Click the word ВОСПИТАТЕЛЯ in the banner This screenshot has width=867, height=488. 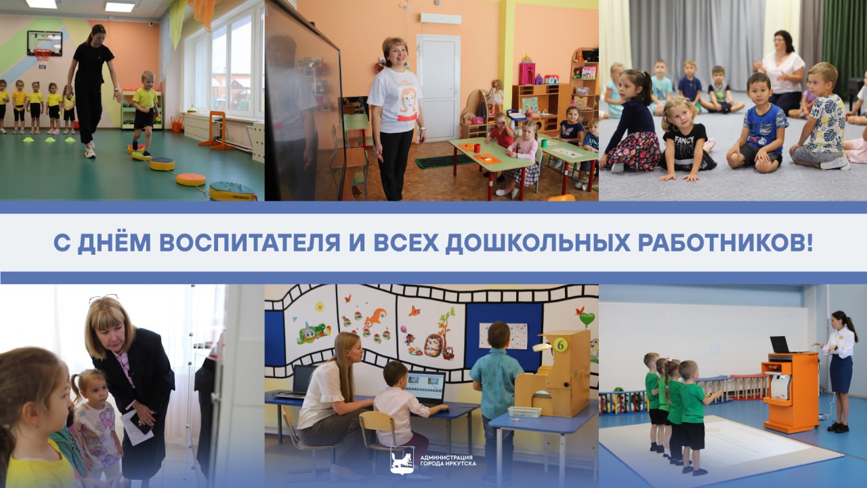click(249, 243)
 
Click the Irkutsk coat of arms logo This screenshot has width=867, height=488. click(402, 460)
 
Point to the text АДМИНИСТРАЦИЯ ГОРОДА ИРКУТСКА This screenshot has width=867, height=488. click(448, 460)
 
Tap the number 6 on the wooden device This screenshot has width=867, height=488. click(560, 344)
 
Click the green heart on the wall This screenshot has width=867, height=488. click(587, 319)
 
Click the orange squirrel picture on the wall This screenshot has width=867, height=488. click(375, 319)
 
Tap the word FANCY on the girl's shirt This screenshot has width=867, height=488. click(684, 140)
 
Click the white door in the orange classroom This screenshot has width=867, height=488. click(438, 87)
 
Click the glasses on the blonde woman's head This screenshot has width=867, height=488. click(104, 298)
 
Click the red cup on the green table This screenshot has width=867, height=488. click(476, 148)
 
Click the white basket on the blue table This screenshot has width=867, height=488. click(524, 411)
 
